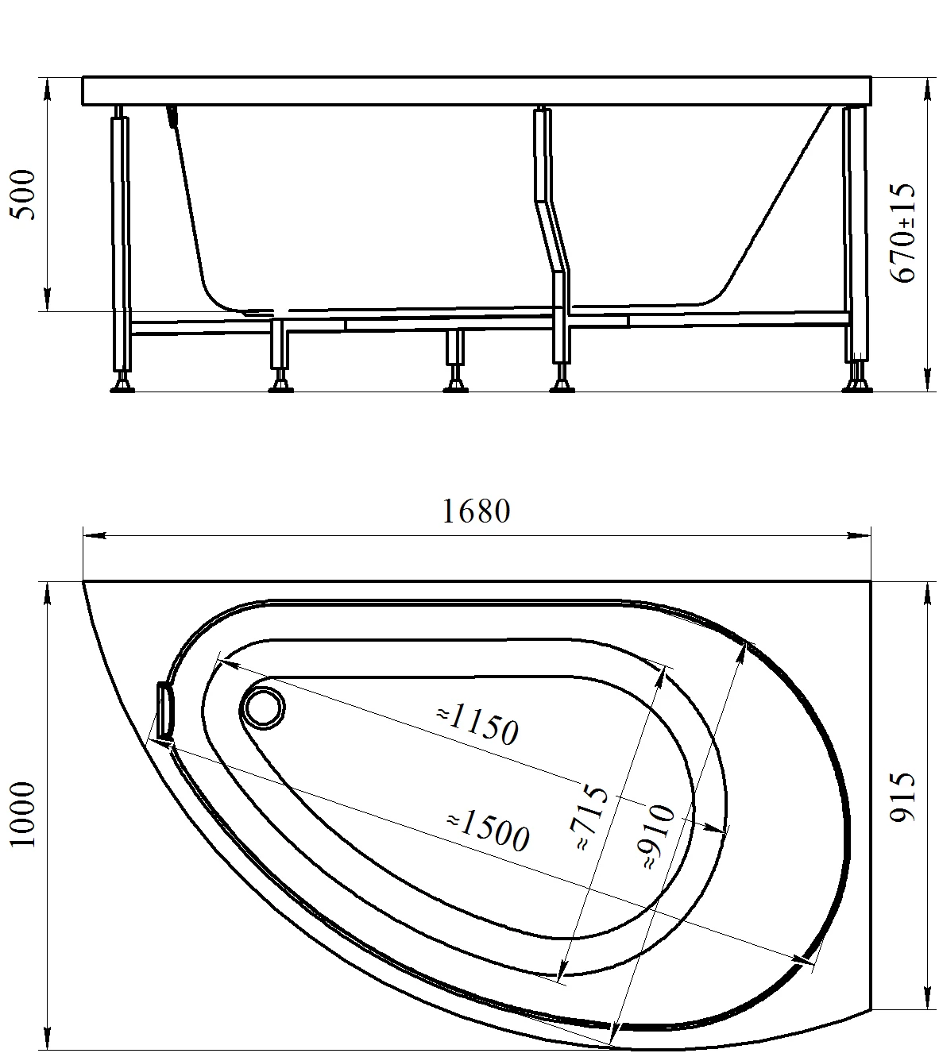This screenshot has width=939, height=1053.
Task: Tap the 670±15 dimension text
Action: pos(902,233)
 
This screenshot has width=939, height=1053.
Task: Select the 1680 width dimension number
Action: pos(476,511)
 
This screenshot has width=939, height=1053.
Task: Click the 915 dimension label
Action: pos(902,805)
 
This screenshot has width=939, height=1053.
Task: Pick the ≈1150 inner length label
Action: pos(477,725)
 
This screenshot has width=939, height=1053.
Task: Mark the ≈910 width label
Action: pos(659,836)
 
